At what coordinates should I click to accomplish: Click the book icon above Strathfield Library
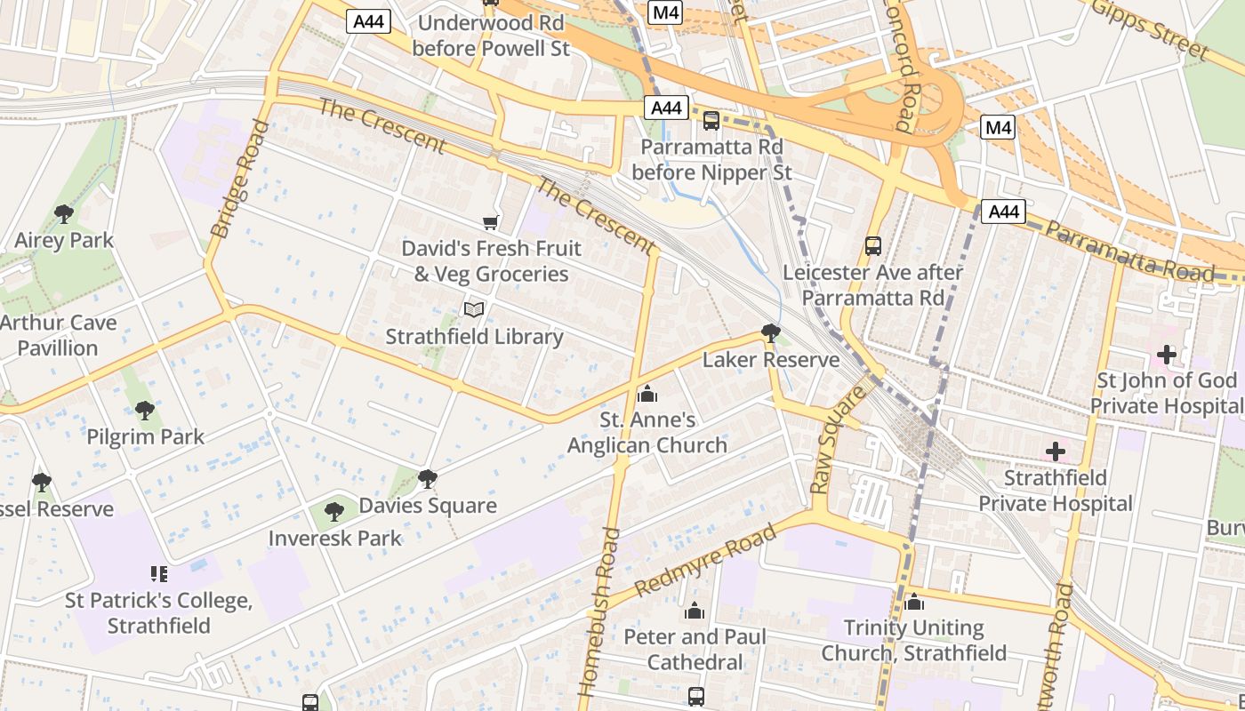474,309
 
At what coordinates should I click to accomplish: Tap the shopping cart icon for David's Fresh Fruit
490,221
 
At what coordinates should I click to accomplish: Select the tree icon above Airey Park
63,213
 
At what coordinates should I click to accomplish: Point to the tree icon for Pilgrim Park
144,410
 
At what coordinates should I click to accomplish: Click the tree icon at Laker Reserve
770,333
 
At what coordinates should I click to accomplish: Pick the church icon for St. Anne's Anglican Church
647,393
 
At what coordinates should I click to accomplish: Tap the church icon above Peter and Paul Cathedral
695,611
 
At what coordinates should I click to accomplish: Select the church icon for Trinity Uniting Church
913,602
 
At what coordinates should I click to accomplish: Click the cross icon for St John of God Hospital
1166,355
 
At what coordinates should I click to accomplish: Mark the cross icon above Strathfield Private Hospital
1055,451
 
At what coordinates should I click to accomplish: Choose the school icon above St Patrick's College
158,574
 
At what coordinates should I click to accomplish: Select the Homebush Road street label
599,611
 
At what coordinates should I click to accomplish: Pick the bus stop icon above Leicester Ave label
872,245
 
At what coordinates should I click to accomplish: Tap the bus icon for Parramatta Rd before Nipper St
711,120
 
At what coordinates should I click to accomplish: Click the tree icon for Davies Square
427,479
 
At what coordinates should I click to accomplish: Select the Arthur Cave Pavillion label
59,335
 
